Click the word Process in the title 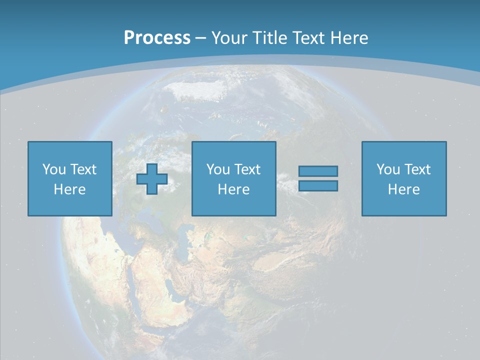pyautogui.click(x=157, y=37)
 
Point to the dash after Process pyautogui.click(x=201, y=38)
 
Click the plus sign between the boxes pyautogui.click(x=152, y=179)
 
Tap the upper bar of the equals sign pyautogui.click(x=318, y=171)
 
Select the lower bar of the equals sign pyautogui.click(x=318, y=185)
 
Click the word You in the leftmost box pyautogui.click(x=54, y=169)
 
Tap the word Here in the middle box pyautogui.click(x=234, y=189)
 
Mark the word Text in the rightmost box pyautogui.click(x=416, y=169)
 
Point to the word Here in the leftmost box pyautogui.click(x=70, y=189)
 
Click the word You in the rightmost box pyautogui.click(x=388, y=169)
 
